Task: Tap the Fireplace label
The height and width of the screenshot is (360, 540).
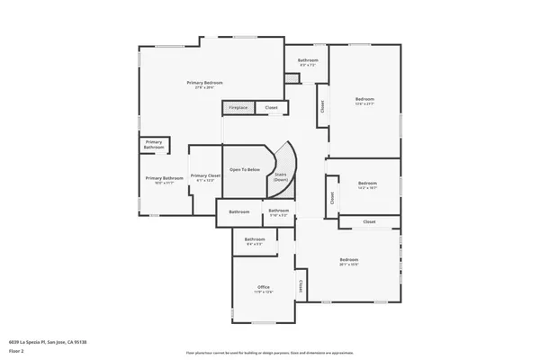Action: pyautogui.click(x=238, y=108)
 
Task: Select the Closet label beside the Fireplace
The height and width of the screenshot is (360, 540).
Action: pyautogui.click(x=271, y=108)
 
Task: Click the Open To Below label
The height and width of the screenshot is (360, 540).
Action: pyautogui.click(x=245, y=169)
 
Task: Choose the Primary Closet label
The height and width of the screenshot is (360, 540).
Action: pyautogui.click(x=206, y=176)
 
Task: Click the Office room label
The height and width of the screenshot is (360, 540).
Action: pyautogui.click(x=264, y=289)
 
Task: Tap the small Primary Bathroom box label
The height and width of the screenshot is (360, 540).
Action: pyautogui.click(x=154, y=144)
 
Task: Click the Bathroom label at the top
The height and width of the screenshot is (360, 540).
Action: pyautogui.click(x=309, y=62)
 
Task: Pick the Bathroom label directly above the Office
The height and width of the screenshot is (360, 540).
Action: pyautogui.click(x=254, y=241)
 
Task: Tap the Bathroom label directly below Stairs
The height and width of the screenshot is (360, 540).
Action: pyautogui.click(x=279, y=212)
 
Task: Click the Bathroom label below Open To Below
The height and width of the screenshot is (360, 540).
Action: pyautogui.click(x=238, y=211)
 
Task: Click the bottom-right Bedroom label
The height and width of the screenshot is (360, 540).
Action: pyautogui.click(x=349, y=263)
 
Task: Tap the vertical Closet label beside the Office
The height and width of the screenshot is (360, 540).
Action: pyautogui.click(x=301, y=287)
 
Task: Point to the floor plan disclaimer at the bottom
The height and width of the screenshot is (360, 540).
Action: pyautogui.click(x=270, y=353)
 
